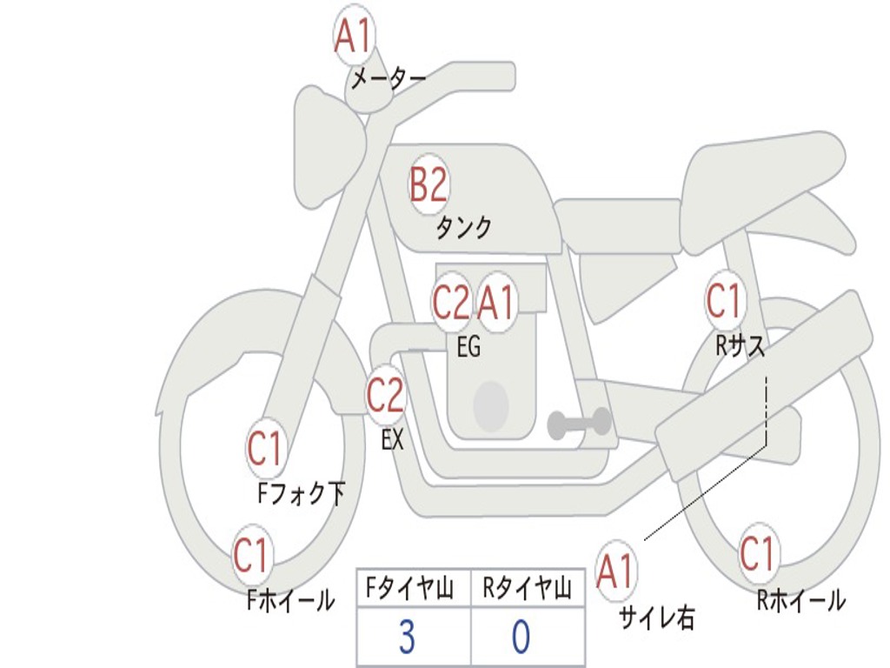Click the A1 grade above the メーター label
pyautogui.click(x=353, y=37)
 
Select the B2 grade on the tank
pyautogui.click(x=428, y=184)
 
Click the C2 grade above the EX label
pyautogui.click(x=385, y=397)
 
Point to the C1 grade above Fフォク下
pyautogui.click(x=265, y=450)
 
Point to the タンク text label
pyautogui.click(x=463, y=228)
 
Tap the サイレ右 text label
pyautogui.click(x=657, y=618)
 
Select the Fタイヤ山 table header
pyautogui.click(x=413, y=590)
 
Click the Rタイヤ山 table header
pyautogui.click(x=528, y=590)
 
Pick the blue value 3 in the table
pyautogui.click(x=407, y=638)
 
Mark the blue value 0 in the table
pyautogui.click(x=521, y=638)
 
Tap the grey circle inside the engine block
pyautogui.click(x=491, y=404)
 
